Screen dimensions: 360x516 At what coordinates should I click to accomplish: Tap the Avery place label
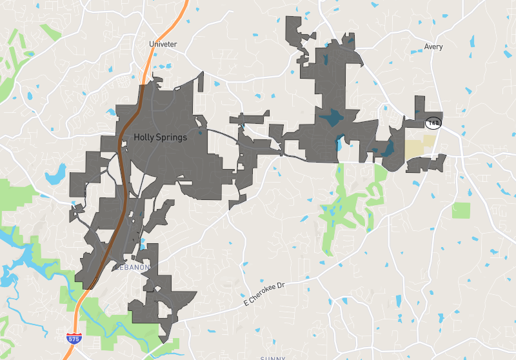pos(433,46)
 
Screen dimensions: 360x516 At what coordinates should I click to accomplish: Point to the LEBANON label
pos(134,267)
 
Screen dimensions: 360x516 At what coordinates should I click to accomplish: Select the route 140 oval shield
pos(432,123)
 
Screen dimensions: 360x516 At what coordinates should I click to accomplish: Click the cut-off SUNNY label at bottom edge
pos(272,357)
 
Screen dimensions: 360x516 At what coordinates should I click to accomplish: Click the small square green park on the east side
pos(461,210)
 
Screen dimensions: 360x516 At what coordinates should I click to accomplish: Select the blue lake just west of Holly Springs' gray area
pos(56,173)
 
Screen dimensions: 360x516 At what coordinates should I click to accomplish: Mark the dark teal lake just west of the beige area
pos(388,149)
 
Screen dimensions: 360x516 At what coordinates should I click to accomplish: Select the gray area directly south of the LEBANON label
pos(161,297)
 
